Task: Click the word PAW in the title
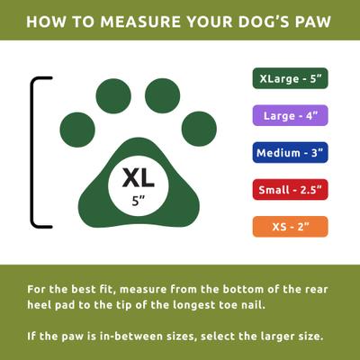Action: tap(316, 20)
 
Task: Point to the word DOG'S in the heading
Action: tap(262, 20)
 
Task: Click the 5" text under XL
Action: tap(136, 202)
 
